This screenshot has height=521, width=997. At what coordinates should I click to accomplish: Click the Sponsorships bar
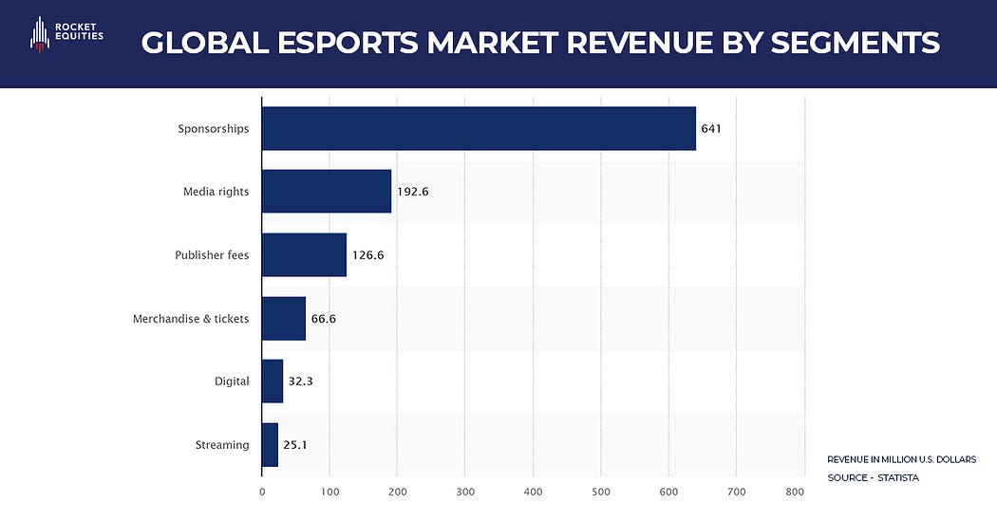(479, 128)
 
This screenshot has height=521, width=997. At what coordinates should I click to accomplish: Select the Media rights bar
(327, 192)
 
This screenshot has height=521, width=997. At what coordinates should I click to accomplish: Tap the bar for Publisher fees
(304, 254)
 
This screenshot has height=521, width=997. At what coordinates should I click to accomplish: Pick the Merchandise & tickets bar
(284, 318)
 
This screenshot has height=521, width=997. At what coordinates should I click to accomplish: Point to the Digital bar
(273, 381)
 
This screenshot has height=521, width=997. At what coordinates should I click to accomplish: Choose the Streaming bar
(270, 444)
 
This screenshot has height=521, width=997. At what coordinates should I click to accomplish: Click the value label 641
(712, 128)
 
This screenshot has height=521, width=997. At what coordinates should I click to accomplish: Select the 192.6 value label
(413, 192)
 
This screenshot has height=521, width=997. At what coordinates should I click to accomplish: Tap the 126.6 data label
(367, 255)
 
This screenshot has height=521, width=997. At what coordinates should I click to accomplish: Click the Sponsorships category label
(214, 128)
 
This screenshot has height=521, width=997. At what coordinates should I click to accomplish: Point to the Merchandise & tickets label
(191, 319)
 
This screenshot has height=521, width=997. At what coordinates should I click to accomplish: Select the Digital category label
(232, 381)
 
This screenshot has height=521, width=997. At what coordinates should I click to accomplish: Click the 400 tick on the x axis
(533, 492)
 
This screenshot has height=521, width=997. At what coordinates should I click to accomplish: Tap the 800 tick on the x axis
(796, 492)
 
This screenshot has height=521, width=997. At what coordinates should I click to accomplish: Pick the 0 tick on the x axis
(262, 492)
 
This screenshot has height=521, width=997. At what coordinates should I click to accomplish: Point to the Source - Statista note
(873, 477)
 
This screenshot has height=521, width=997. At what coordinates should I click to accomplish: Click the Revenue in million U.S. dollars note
(901, 458)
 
